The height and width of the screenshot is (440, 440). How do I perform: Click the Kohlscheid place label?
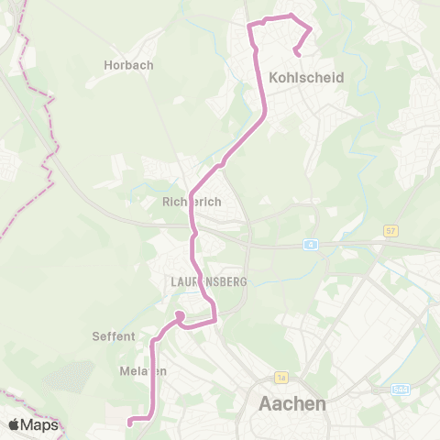[307, 78]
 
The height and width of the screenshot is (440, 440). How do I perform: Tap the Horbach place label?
[128, 65]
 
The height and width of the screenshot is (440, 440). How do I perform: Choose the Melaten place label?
[143, 370]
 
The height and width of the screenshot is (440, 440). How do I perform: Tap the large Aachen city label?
[292, 403]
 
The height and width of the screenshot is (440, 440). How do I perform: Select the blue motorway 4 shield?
[312, 245]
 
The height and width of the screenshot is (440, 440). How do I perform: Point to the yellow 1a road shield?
[281, 378]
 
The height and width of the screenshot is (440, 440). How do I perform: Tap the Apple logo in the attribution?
[14, 424]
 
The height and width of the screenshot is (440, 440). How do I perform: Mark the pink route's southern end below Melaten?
[130, 423]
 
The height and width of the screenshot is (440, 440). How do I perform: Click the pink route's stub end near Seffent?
[180, 316]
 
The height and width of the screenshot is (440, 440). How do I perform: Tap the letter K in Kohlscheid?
[276, 78]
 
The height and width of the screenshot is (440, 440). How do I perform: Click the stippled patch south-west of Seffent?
[69, 376]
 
